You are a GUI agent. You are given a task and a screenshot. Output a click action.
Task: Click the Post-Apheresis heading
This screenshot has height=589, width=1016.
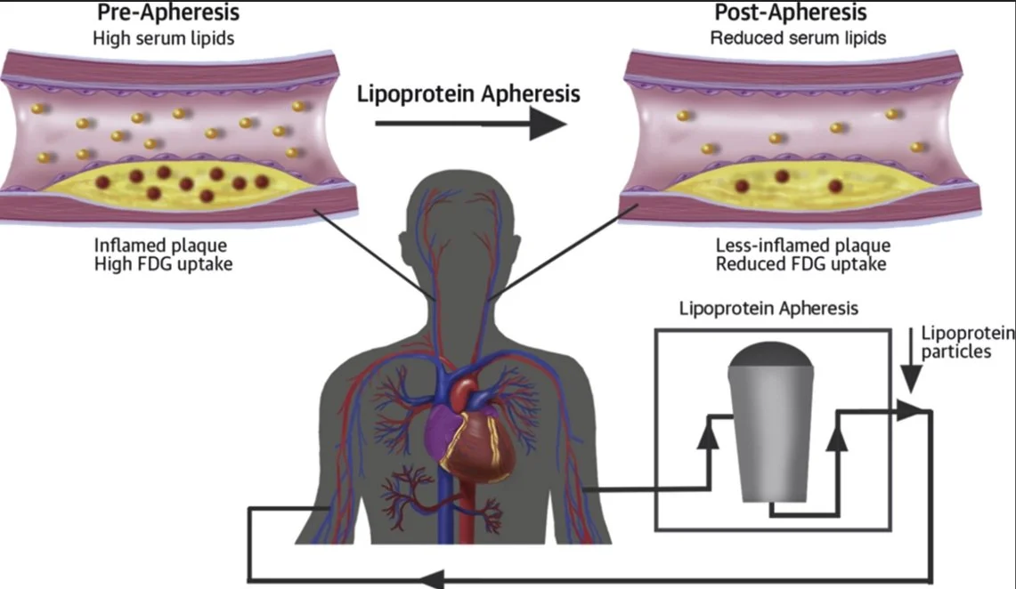pos(791,13)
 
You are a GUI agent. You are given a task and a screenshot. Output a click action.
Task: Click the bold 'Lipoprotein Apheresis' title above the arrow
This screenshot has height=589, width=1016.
pos(469,93)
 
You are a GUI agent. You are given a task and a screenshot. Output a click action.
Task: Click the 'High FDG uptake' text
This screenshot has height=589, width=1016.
pos(162,264)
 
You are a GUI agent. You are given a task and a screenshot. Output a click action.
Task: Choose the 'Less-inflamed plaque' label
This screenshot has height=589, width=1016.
pos(803,246)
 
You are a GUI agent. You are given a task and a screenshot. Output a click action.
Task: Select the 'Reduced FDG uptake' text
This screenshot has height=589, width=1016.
pos(801,264)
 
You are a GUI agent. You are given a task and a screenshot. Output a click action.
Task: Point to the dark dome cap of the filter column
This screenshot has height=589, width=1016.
pos(769,356)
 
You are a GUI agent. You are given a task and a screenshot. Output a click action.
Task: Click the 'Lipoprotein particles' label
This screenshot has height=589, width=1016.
pos(967,342)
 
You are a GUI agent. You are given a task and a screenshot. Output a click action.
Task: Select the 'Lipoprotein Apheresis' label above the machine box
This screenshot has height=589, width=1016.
pos(768,309)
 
